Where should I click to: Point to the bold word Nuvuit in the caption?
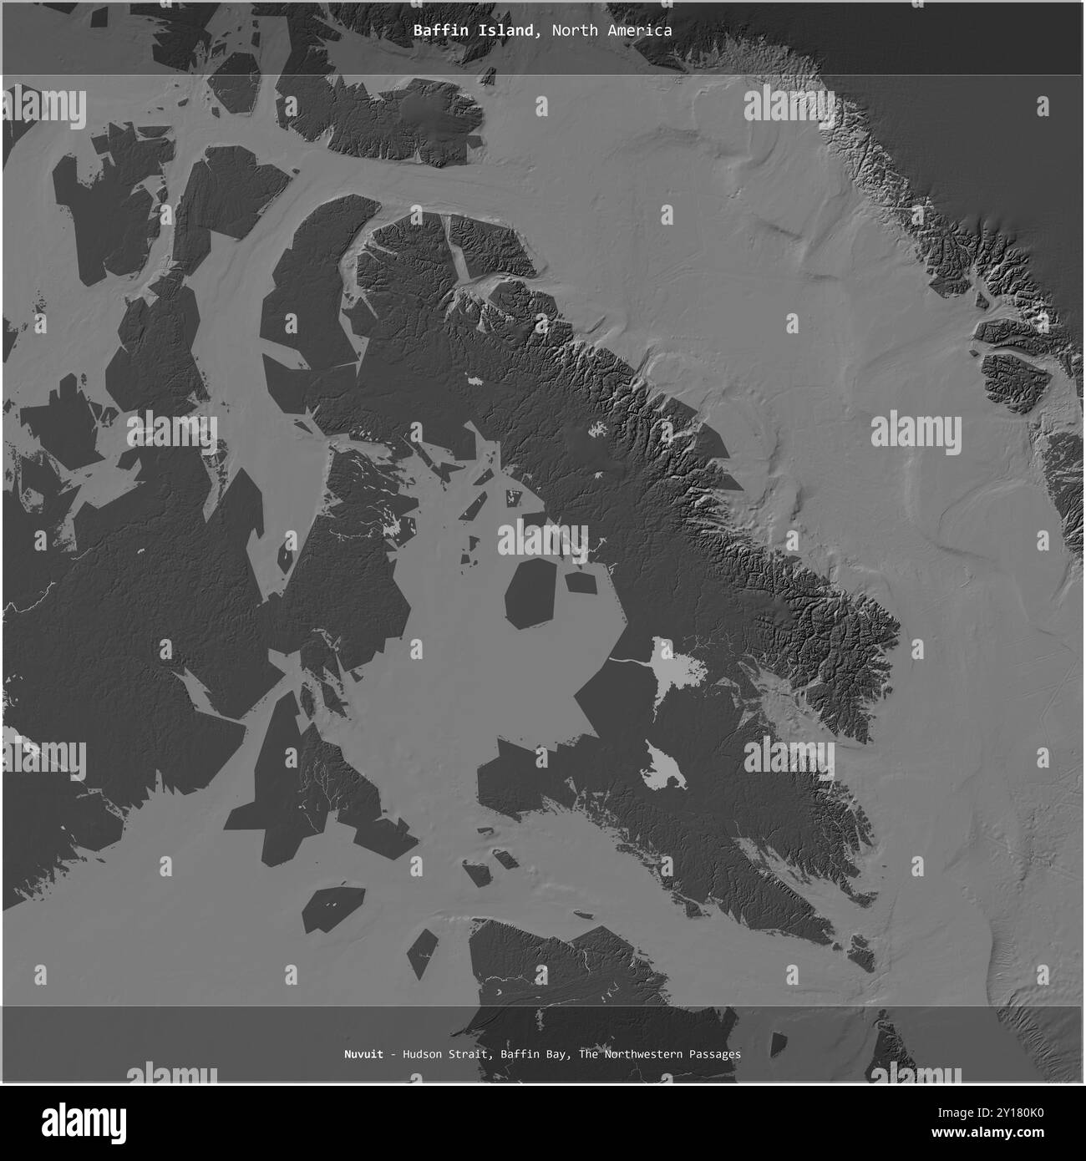click(x=363, y=1054)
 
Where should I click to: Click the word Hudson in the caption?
click(x=422, y=1054)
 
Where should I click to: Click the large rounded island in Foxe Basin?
click(x=532, y=593)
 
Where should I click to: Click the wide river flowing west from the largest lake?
click(x=631, y=662)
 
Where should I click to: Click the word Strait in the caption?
click(x=472, y=1054)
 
